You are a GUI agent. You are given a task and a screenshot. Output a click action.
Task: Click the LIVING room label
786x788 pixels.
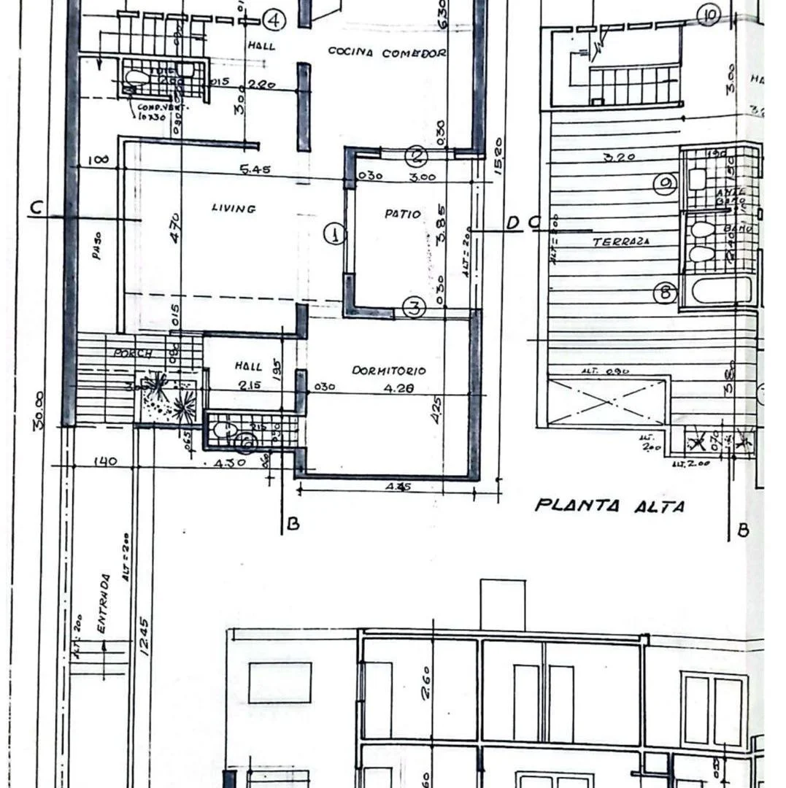pos(234,209)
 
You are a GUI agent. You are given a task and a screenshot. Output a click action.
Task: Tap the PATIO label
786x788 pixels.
pos(403,214)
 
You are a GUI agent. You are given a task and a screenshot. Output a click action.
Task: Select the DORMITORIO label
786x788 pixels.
pos(389,371)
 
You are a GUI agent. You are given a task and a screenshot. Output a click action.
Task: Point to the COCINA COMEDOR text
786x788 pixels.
pos(387,53)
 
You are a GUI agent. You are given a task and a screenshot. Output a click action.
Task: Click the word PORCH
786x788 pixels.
pos(133,354)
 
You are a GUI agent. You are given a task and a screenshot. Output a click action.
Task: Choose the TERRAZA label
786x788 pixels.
pos(621,242)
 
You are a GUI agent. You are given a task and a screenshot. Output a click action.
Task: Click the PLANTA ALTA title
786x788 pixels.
pos(610,506)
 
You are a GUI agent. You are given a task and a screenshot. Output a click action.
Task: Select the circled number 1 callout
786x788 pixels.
pos(334,234)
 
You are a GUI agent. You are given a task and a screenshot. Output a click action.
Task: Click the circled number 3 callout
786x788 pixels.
pos(414,308)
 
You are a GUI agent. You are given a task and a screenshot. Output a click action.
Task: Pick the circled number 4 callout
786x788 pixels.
pos(274,20)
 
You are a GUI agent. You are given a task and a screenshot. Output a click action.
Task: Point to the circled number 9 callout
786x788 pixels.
pos(665,185)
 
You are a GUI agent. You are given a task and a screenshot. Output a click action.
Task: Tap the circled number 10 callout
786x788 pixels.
pos(708,13)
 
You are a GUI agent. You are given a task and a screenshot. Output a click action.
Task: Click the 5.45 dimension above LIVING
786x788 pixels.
pos(255,170)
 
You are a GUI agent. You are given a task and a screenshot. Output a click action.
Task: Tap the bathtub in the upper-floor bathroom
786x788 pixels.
pos(721,290)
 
